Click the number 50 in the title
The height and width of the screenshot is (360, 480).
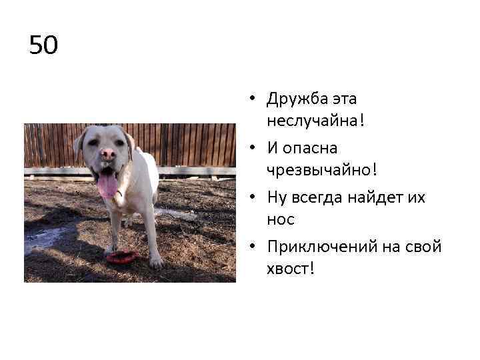[44, 45]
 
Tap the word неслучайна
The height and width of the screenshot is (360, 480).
[312, 121]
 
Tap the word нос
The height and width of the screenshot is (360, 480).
[280, 219]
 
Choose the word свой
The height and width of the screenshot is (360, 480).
[420, 247]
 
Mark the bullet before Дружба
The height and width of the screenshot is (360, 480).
[255, 100]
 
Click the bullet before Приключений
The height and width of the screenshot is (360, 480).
[255, 247]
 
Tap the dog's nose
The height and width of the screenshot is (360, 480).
[107, 155]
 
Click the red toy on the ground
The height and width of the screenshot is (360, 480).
[122, 256]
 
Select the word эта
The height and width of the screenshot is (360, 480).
[345, 99]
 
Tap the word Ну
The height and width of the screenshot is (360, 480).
[276, 197]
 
